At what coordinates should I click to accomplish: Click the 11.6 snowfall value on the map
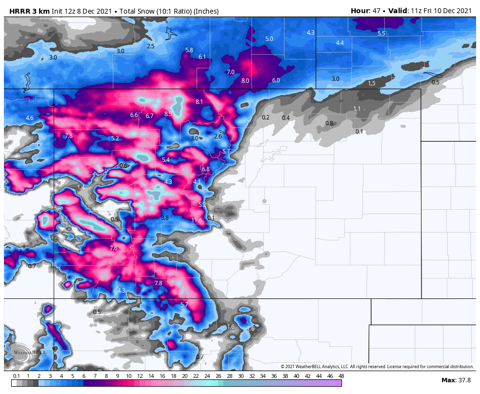pyautogui.click(x=197, y=220)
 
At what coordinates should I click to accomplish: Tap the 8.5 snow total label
pyautogui.click(x=168, y=114)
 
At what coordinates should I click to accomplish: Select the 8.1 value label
pyautogui.click(x=199, y=102)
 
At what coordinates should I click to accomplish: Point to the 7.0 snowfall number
pyautogui.click(x=231, y=72)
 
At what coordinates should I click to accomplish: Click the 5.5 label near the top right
pyautogui.click(x=381, y=34)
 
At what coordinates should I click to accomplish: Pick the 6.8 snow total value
pyautogui.click(x=205, y=169)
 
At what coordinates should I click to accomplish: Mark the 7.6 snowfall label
pyautogui.click(x=114, y=248)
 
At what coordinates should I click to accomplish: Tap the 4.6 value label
pyautogui.click(x=29, y=118)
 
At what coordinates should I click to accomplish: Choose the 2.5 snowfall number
pyautogui.click(x=151, y=46)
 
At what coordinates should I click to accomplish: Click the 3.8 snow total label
pyautogui.click(x=164, y=218)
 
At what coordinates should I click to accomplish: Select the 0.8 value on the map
pyautogui.click(x=329, y=123)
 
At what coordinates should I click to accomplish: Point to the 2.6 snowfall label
pyautogui.click(x=218, y=137)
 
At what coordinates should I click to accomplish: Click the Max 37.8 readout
pyautogui.click(x=456, y=380)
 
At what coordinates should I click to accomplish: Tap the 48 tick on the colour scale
pyautogui.click(x=341, y=376)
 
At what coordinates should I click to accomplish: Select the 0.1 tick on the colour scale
pyautogui.click(x=16, y=376)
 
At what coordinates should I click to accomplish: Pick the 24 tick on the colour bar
pyautogui.click(x=207, y=376)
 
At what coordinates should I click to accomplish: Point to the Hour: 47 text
pyautogui.click(x=366, y=11)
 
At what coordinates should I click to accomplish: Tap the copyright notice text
pyautogui.click(x=377, y=366)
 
